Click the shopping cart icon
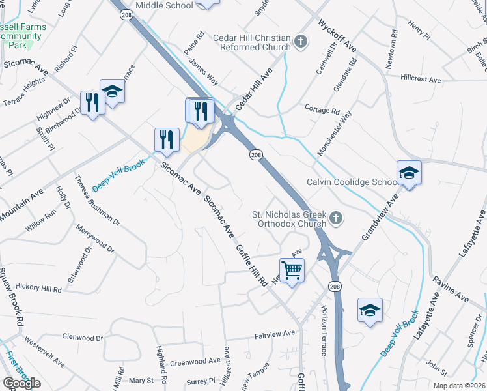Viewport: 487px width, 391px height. tap(292, 268)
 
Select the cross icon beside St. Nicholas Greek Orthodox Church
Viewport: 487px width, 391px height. tap(336, 218)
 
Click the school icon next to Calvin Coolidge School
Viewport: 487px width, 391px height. tap(410, 173)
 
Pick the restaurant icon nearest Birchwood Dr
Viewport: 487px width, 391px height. tap(92, 103)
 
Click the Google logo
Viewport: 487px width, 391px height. tap(21, 383)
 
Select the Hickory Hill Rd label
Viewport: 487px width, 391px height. tap(38, 287)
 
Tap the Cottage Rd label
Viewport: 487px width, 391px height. tap(322, 109)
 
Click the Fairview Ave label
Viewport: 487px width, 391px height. tap(274, 334)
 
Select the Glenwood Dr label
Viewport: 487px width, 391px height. tap(82, 338)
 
